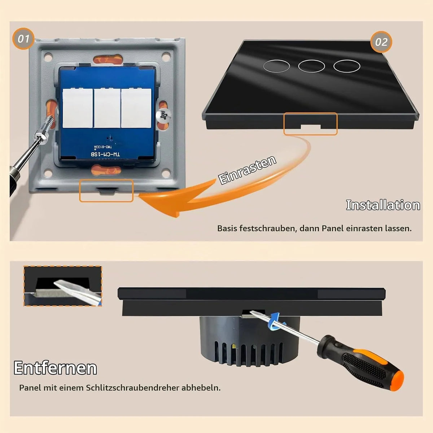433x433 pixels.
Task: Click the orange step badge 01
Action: coord(23,39)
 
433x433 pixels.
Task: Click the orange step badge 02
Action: coord(381,42)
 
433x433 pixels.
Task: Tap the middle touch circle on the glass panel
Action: coord(311,66)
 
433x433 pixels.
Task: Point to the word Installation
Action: coord(383,205)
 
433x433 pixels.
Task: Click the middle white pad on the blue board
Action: coord(107,108)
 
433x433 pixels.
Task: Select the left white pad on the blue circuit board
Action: coord(78,108)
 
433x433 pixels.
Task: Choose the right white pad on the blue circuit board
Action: coord(136,108)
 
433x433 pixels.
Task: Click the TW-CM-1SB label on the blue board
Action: coord(105,154)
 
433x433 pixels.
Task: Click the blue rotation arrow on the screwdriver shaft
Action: coord(276,322)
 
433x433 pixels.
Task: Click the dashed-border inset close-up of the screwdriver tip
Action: coord(63,286)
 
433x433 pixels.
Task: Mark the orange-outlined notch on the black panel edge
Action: coord(311,124)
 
